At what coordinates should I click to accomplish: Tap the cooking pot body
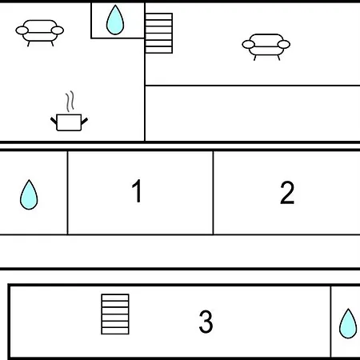click(x=69, y=122)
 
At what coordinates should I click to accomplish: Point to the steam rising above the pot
click(x=70, y=102)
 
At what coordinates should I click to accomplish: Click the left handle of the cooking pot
click(x=54, y=121)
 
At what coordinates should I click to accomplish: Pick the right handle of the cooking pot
click(x=84, y=122)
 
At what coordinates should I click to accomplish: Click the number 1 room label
click(x=137, y=190)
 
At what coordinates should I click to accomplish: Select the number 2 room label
click(x=287, y=193)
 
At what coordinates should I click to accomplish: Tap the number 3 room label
click(x=206, y=322)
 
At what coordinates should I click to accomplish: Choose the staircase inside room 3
click(x=115, y=314)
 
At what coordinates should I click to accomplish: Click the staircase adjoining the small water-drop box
click(x=159, y=33)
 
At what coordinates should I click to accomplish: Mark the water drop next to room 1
click(x=29, y=194)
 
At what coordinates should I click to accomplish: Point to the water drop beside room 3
click(x=348, y=323)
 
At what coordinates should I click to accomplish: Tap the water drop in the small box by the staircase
click(x=115, y=20)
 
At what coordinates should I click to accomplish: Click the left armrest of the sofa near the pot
click(x=22, y=30)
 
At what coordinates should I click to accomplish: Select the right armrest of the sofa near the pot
click(x=58, y=30)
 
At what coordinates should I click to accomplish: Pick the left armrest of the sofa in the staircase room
click(x=248, y=45)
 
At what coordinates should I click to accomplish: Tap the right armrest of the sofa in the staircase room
click(x=284, y=44)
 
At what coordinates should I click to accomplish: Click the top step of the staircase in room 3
click(x=115, y=298)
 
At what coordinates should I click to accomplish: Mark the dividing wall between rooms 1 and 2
click(x=214, y=193)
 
